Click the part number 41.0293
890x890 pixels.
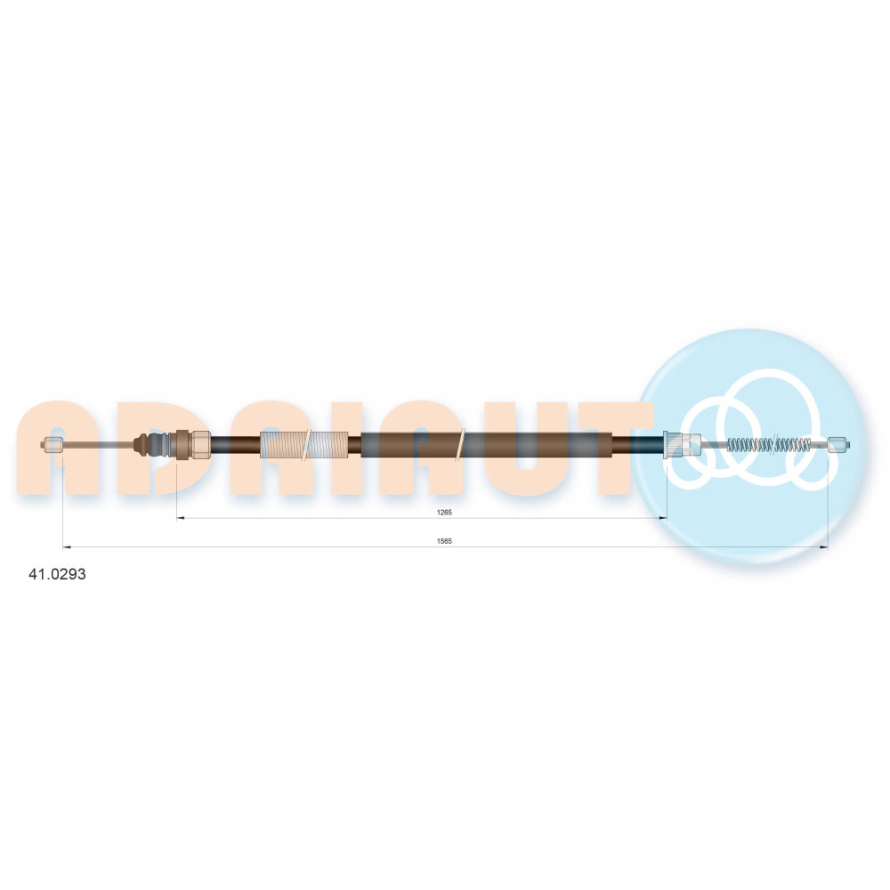pyautogui.click(x=57, y=574)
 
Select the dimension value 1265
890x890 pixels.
pyautogui.click(x=444, y=512)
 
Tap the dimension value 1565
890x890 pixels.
pyautogui.click(x=444, y=541)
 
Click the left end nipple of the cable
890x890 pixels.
pyautogui.click(x=53, y=444)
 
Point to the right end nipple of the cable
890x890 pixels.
pyautogui.click(x=838, y=444)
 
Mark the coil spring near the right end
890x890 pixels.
pyautogui.click(x=769, y=444)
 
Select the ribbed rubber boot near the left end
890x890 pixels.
pyautogui.click(x=152, y=444)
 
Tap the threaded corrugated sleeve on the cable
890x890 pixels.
pyautogui.click(x=303, y=444)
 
